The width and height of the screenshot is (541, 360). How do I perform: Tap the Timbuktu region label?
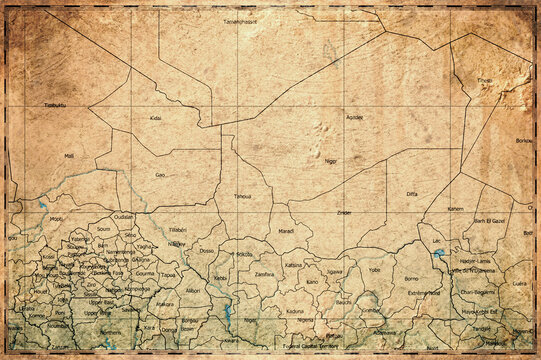point(54,105)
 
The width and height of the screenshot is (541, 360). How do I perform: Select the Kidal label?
point(155,118)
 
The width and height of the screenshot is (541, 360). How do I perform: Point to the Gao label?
point(160,175)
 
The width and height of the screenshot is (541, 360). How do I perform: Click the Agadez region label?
point(354,117)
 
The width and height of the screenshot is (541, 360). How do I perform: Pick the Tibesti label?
point(485,80)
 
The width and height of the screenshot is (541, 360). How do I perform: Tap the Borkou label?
point(523,142)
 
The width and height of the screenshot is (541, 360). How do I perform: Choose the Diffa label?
point(412,193)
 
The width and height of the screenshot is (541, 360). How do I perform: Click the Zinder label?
point(344,213)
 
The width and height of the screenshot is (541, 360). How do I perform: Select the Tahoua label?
point(242,197)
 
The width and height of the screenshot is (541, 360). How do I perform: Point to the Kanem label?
point(455,208)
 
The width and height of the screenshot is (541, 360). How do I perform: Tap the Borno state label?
point(410,279)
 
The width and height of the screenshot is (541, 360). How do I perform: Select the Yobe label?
point(374,269)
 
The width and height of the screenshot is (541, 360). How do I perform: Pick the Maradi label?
point(286,231)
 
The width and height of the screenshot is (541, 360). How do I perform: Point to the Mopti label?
point(56,217)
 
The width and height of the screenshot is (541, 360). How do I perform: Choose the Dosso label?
point(207,251)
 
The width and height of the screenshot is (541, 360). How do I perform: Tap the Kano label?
point(312,281)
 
